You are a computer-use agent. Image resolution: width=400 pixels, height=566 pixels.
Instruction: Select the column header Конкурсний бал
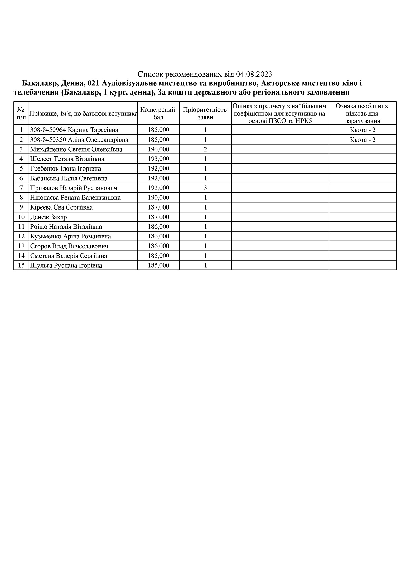158,113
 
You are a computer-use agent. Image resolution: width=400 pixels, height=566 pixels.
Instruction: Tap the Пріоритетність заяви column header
205,113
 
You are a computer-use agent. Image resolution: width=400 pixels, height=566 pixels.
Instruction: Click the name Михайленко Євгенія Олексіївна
76,149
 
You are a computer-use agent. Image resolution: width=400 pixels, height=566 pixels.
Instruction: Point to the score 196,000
158,149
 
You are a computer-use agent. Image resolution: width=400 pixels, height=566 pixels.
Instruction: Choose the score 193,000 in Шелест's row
158,159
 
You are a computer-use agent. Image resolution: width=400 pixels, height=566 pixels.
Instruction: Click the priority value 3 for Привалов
205,188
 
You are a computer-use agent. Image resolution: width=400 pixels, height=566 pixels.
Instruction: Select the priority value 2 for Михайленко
205,149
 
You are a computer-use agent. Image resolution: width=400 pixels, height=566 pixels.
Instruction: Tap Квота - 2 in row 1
362,130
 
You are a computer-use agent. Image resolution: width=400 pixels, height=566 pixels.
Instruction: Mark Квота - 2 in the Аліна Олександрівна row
362,140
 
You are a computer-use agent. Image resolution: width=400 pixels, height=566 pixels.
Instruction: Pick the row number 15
21,266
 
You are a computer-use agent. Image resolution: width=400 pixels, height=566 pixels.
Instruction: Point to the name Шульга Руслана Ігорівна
66,266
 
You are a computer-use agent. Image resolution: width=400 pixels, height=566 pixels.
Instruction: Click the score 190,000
158,198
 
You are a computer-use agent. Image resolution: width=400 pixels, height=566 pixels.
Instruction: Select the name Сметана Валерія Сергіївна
69,256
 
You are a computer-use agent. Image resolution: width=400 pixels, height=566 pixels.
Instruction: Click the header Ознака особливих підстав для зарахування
362,113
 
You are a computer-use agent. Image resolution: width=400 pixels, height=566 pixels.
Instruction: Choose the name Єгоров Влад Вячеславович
69,246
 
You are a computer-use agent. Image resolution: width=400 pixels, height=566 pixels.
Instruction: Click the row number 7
21,188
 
